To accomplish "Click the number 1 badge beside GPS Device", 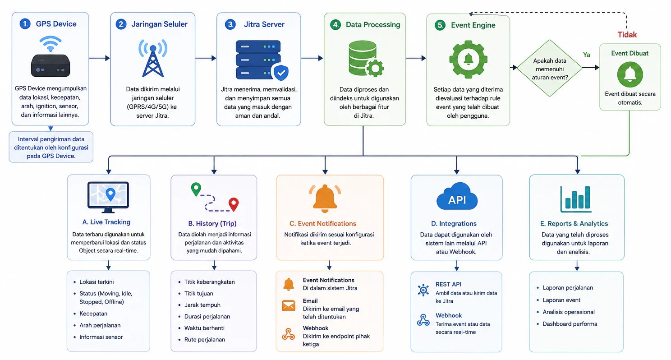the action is point(25,24).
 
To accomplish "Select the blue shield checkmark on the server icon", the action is point(281,72).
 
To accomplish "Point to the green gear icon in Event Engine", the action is point(468,60).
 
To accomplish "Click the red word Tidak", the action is point(627,35).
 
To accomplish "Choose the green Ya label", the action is point(587,55).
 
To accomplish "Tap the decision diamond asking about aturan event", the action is point(550,68).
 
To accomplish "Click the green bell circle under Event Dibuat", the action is point(630,74).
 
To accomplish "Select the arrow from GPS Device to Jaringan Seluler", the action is point(100,58).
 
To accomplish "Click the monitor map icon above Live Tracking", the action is point(108,197).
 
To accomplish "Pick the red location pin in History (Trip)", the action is point(234,204).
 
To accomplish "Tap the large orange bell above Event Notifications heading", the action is point(325,198).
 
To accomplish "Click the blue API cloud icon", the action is point(457,196).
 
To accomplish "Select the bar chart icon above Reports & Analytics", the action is point(576,199).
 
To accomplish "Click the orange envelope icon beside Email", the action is point(289,306).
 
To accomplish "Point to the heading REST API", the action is point(448,284).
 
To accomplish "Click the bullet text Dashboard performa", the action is point(570,324).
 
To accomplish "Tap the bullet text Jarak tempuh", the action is point(202,305).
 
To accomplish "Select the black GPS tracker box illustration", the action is point(51,65).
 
